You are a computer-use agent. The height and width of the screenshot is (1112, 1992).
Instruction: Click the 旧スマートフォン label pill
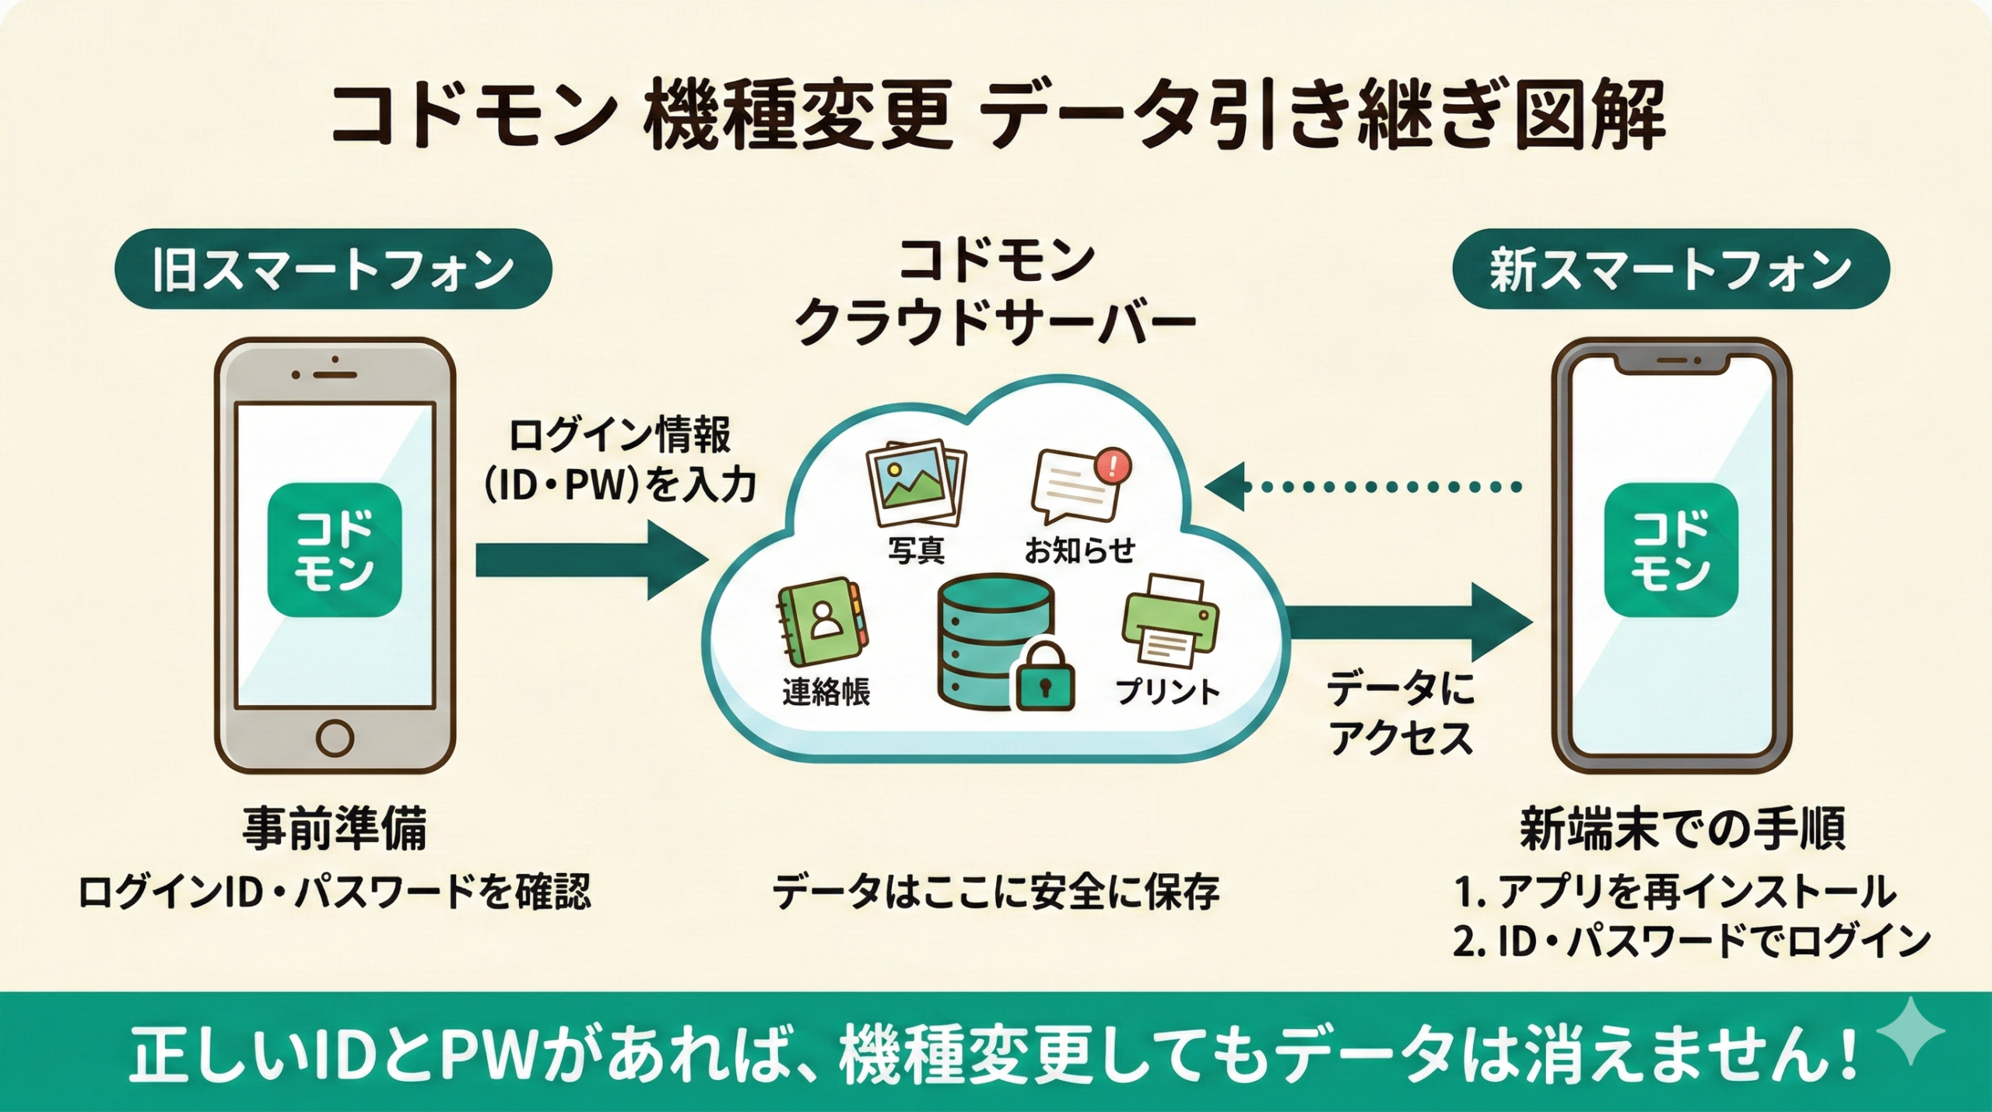coord(333,269)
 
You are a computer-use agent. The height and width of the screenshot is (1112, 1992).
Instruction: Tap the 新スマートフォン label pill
coord(1671,269)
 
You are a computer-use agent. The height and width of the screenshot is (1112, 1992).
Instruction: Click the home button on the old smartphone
coord(335,735)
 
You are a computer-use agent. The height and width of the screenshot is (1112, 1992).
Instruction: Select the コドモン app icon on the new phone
coord(1671,549)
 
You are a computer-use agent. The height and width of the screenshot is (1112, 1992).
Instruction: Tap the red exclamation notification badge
coord(1112,466)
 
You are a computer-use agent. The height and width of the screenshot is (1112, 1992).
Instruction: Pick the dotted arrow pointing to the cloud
coord(1362,488)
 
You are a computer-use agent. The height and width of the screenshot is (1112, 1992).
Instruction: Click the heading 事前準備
coord(335,830)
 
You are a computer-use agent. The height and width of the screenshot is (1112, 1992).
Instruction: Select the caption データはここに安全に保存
coord(995,893)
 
